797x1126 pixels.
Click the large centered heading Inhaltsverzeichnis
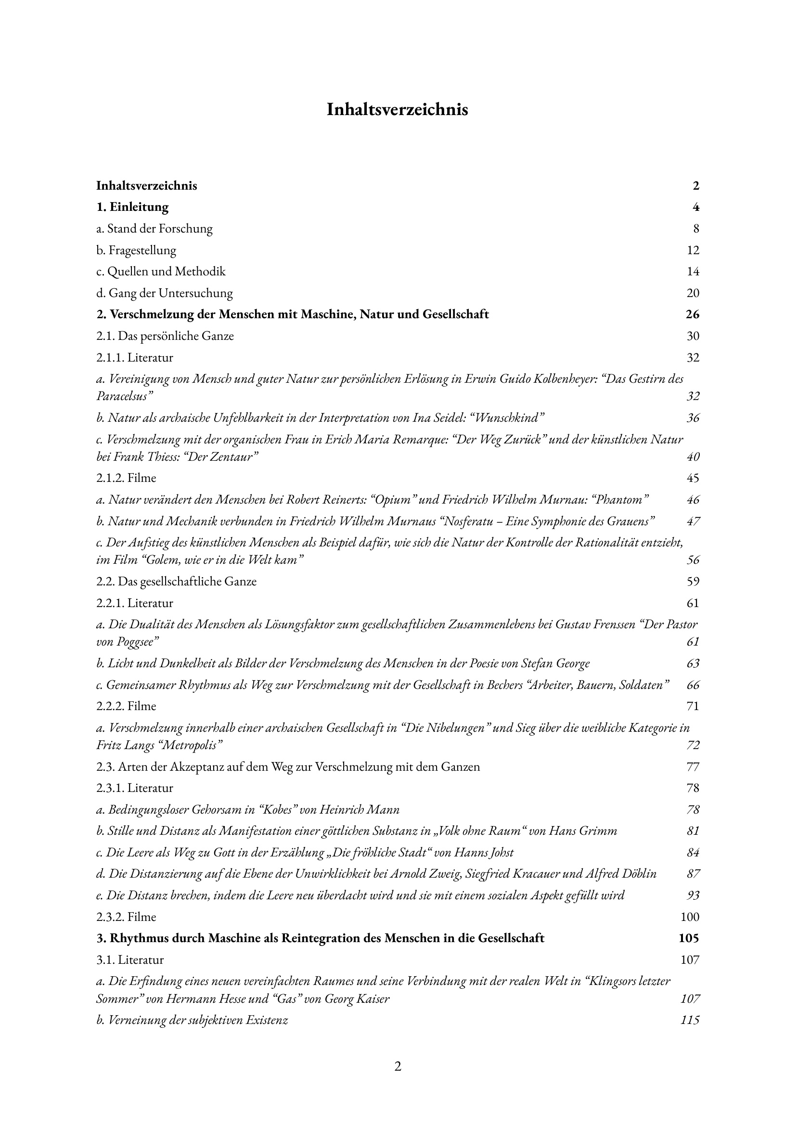(x=398, y=109)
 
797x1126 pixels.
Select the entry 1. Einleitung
(x=132, y=207)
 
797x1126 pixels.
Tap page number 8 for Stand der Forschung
(x=696, y=229)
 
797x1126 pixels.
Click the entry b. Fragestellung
(x=136, y=250)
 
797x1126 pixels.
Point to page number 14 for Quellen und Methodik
(x=693, y=272)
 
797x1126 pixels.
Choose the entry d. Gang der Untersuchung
(x=165, y=294)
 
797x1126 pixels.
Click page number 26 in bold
(x=692, y=315)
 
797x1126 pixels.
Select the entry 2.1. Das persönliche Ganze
(x=165, y=336)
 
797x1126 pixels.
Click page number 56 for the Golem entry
(x=693, y=560)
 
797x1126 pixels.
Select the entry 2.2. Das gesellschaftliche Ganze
(x=176, y=582)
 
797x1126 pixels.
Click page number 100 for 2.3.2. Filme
(x=690, y=917)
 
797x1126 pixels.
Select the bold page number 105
(x=689, y=939)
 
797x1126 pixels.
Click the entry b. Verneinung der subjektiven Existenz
(x=192, y=1021)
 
